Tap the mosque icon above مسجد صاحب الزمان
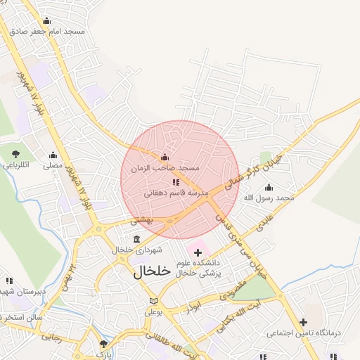click(165, 157)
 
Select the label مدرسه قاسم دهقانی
click(172, 192)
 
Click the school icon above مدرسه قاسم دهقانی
click(175, 183)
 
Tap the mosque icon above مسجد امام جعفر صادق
click(47, 20)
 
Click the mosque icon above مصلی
click(53, 155)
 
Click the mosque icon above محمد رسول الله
click(268, 187)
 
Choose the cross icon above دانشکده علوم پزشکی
click(198, 252)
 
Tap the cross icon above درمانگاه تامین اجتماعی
click(303, 322)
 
